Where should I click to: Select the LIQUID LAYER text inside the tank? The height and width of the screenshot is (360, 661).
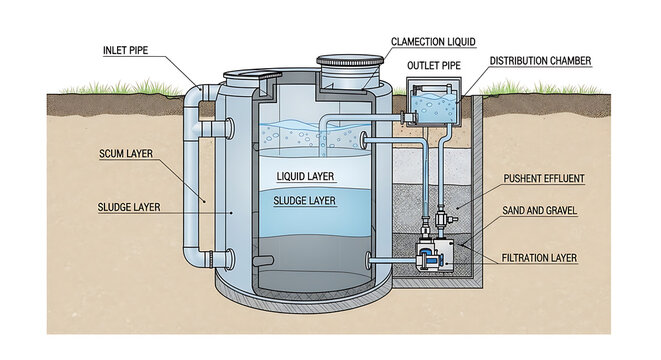coord(306,177)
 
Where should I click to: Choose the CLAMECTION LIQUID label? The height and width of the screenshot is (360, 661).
coord(433,42)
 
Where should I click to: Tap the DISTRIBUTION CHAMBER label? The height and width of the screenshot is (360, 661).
coord(541,62)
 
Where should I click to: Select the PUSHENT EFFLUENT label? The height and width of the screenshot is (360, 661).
coord(544,179)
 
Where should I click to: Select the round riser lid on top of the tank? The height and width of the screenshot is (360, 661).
coord(349,68)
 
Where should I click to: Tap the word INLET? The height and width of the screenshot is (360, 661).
coord(120,50)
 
